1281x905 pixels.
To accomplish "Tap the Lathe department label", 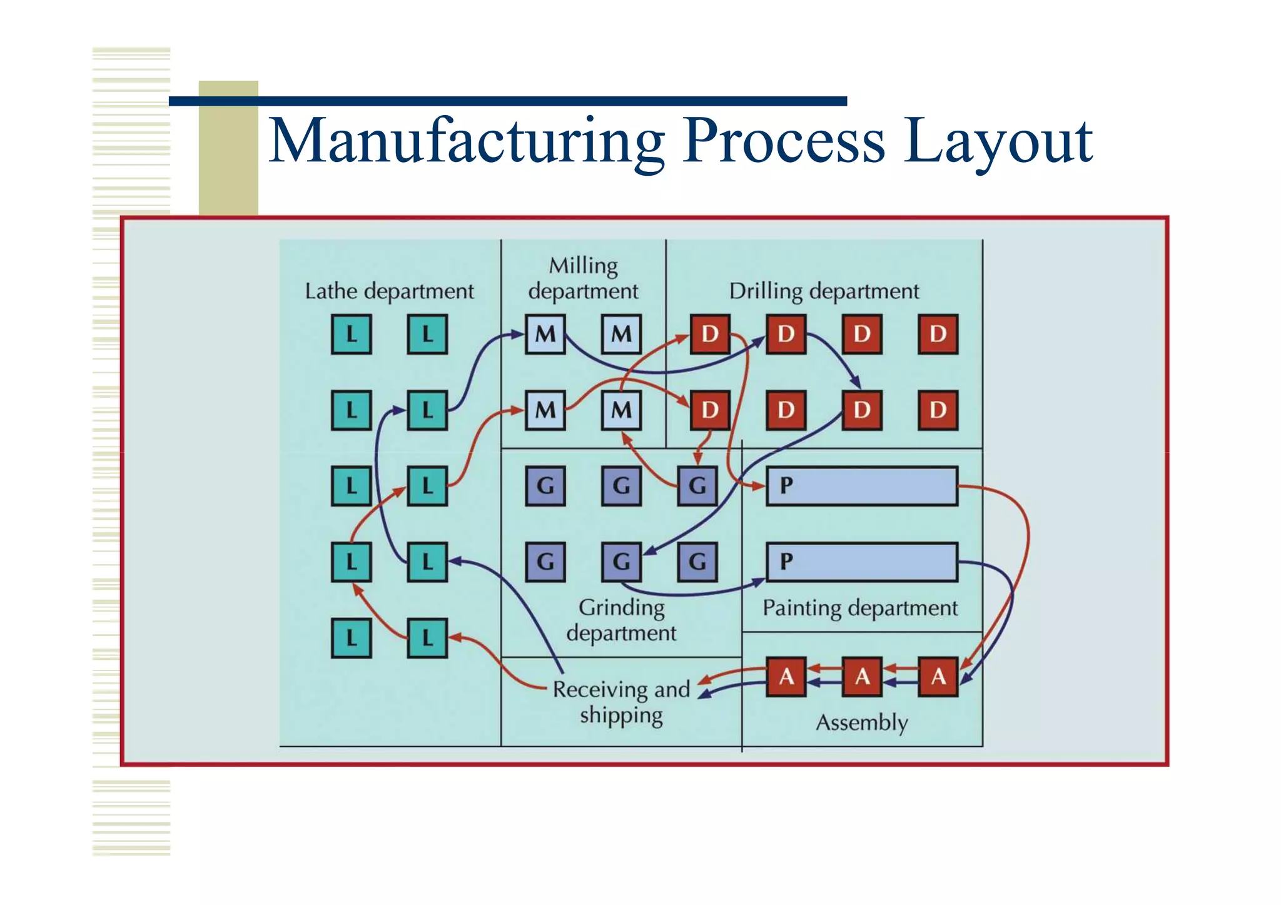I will (x=389, y=291).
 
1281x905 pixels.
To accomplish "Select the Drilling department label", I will (x=824, y=291).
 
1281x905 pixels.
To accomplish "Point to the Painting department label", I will (x=859, y=608).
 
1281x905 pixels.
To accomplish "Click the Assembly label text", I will (x=861, y=723).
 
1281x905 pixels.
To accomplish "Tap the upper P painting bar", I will (x=861, y=485).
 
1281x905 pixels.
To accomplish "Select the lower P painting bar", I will (x=861, y=562).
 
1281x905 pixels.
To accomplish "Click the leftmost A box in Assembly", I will (x=786, y=676).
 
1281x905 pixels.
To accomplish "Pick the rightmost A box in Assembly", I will (x=938, y=676).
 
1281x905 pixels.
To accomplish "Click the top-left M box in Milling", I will (x=545, y=335).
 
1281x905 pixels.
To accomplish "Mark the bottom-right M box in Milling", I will (x=621, y=410).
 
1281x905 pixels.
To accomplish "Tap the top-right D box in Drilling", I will (x=938, y=335).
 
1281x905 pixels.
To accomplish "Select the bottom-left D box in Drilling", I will (x=710, y=410).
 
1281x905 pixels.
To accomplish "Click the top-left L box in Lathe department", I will (x=351, y=335).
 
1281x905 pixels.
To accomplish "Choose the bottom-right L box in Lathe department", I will (x=427, y=638).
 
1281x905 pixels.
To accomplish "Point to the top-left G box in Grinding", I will (x=545, y=485).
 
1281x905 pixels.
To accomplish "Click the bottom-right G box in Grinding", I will (x=697, y=562).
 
